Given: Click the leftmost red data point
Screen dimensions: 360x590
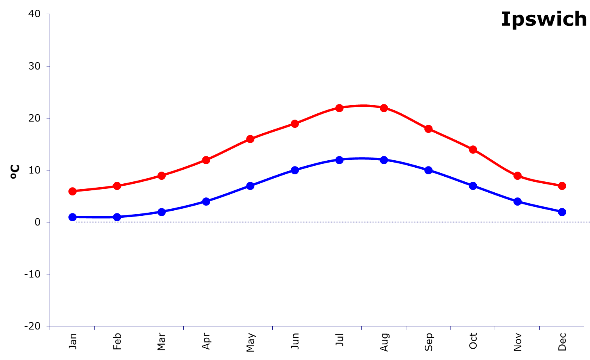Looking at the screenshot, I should [x=72, y=191].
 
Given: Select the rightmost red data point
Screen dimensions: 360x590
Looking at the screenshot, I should [x=562, y=186].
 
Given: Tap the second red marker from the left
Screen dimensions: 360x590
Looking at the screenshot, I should [x=117, y=186].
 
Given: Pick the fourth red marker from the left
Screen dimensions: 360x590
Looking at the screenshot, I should [x=206, y=160].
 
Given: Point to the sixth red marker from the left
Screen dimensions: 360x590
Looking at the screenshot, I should [x=295, y=124].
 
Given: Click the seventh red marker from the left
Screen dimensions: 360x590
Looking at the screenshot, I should [x=339, y=108].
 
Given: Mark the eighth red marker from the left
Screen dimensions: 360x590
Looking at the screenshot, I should [x=384, y=108].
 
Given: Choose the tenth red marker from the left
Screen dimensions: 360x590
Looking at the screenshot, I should [x=473, y=149].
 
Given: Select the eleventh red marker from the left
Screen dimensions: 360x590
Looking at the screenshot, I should [x=517, y=176].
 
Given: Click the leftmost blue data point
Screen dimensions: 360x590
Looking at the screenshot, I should [x=72, y=217].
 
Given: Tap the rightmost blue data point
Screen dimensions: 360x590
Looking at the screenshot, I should [x=562, y=212].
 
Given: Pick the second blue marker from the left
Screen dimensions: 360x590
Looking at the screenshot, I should [x=117, y=217].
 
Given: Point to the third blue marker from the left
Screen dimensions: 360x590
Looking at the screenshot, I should [x=161, y=212].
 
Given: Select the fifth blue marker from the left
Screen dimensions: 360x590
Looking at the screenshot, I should [x=250, y=186].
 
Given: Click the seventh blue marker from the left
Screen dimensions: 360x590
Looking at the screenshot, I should [x=339, y=160].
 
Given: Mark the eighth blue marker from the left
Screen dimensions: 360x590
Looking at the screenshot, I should [x=384, y=160].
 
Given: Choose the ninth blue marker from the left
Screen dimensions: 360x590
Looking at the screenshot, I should [x=428, y=170].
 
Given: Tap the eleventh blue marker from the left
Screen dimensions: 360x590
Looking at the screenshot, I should [x=517, y=201].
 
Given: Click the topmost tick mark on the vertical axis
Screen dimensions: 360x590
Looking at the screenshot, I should [x=48, y=14].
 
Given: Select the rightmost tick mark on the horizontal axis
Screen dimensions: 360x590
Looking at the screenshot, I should [x=584, y=328].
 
